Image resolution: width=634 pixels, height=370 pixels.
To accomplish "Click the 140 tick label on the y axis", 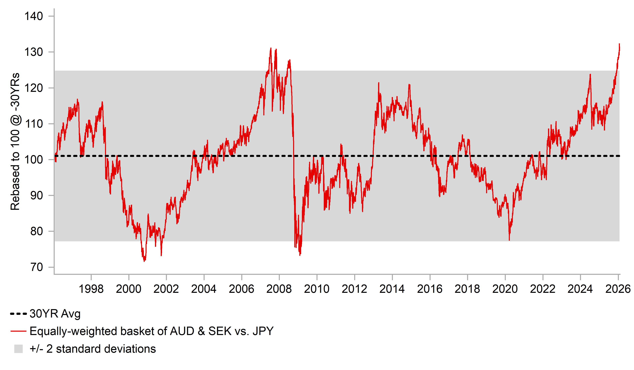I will tap(33, 16).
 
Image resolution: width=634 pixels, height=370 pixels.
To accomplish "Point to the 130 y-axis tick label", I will tap(33, 52).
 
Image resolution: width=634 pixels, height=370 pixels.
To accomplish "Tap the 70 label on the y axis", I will tap(37, 267).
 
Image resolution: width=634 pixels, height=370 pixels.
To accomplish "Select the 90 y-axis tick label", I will tap(37, 195).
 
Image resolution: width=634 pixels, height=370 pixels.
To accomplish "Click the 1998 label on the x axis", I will tap(91, 289).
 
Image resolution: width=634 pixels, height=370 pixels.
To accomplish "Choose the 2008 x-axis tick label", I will tap(279, 289).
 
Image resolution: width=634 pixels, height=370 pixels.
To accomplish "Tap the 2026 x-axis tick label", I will tap(618, 289).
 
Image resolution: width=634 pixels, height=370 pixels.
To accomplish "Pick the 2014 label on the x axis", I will tap(392, 289).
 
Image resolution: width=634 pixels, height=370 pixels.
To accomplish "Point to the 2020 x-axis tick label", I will tap(505, 289).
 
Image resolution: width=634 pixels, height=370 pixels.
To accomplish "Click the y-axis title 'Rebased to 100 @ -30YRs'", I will tap(15, 141).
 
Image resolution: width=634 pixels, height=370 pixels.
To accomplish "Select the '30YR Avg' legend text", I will tap(55, 314).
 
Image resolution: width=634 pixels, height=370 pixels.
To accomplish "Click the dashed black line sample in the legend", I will tap(18, 314).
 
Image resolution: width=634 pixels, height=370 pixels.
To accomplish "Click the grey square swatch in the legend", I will tap(18, 349).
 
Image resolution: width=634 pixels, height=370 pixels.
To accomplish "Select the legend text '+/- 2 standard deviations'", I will tap(93, 349).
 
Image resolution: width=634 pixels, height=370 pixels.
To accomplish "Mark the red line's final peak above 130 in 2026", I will tap(619, 44).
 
